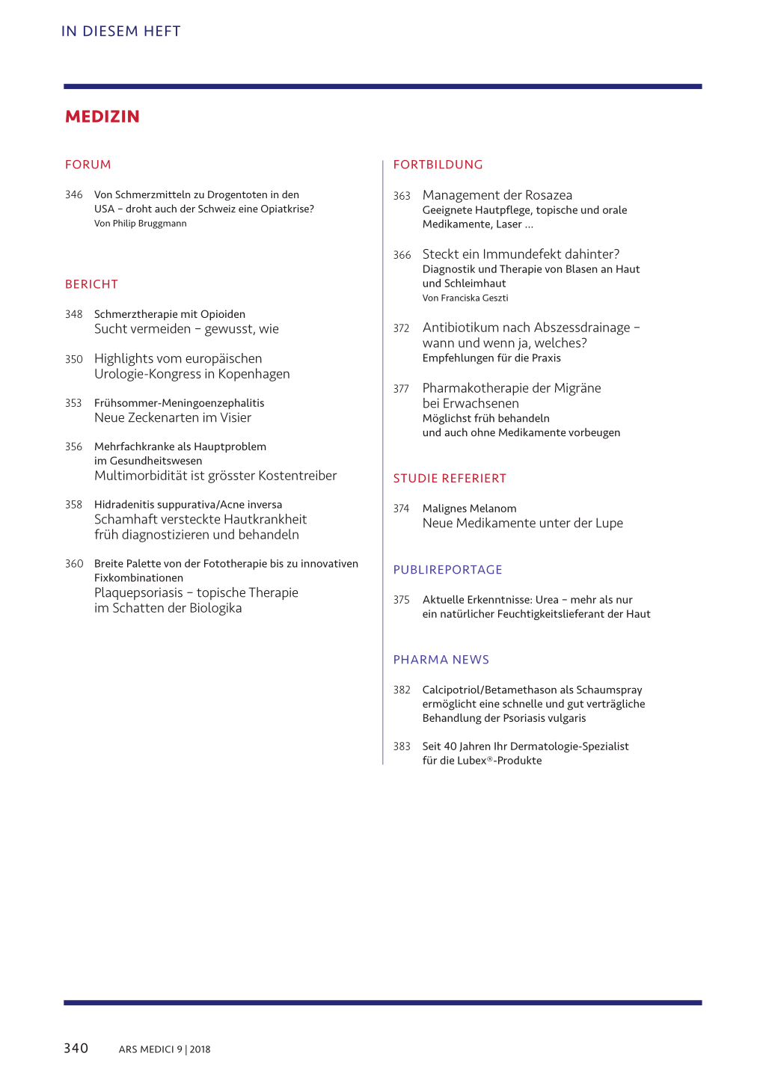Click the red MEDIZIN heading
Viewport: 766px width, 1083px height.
coord(102,117)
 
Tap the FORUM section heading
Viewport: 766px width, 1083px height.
coord(88,165)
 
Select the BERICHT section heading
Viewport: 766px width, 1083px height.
coord(91,284)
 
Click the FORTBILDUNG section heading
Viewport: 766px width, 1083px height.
coord(438,165)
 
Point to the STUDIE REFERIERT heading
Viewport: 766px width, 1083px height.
coord(450,479)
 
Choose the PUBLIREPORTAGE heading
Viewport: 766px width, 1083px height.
coord(447,570)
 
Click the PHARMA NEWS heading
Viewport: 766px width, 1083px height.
coord(441,660)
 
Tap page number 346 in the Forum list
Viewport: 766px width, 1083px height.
coord(73,195)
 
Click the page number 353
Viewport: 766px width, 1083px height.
coord(73,403)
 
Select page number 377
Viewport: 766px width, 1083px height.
coord(401,389)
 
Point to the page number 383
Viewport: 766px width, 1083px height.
coord(402,746)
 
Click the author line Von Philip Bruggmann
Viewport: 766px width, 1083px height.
coord(140,224)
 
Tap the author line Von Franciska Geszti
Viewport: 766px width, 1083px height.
coord(465,298)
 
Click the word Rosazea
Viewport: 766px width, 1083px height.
coord(548,195)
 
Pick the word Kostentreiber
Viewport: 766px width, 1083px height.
coord(297,476)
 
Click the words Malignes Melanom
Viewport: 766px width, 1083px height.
coord(469,509)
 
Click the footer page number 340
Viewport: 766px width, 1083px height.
coord(76,1048)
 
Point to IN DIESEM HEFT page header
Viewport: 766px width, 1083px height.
coord(120,31)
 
